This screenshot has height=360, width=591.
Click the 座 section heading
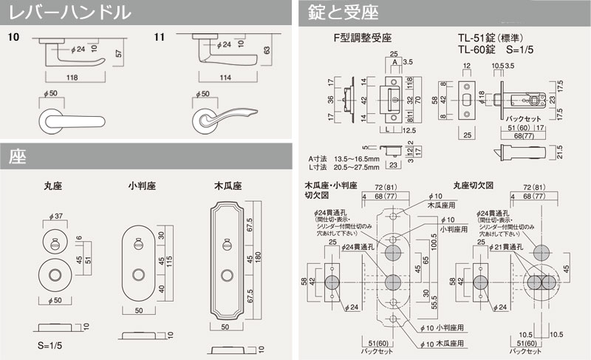(18, 156)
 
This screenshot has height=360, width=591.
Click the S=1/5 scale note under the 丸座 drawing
(49, 346)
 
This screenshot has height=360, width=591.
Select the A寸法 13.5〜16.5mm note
(345, 159)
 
